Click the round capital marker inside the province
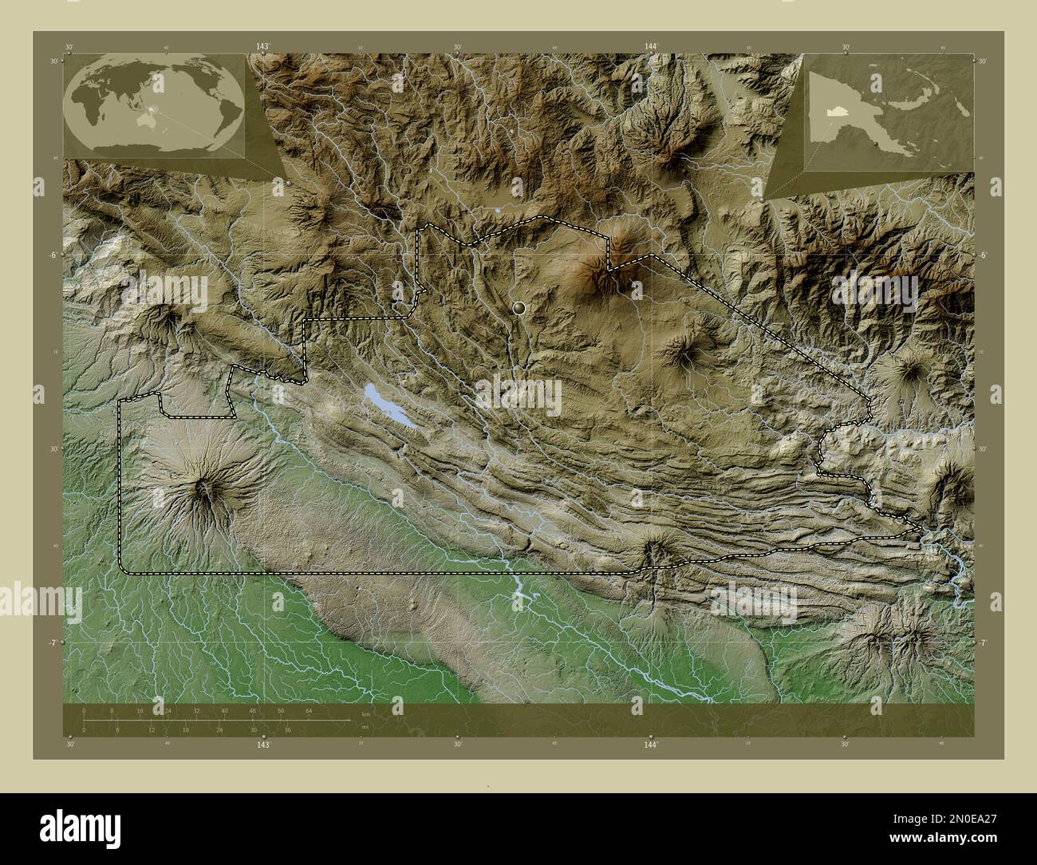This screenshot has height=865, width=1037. (519, 306)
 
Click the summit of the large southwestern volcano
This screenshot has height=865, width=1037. (206, 488)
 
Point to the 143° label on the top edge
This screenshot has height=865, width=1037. (263, 47)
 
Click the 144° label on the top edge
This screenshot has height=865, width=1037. (651, 47)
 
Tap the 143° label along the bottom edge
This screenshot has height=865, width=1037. (263, 744)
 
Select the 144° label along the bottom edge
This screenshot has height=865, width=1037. (651, 744)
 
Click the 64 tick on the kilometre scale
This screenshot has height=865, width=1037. (309, 709)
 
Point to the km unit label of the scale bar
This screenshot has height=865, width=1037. (366, 714)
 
